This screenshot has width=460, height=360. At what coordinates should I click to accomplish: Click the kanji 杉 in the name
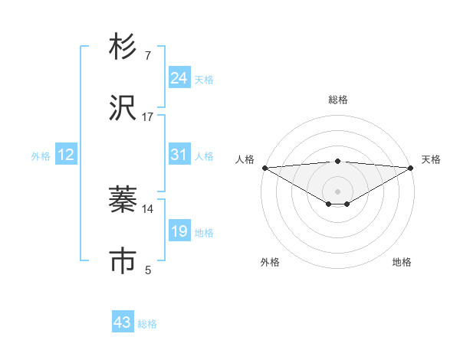point(123,48)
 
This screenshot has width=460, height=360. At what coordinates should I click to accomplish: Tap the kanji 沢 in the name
point(123,109)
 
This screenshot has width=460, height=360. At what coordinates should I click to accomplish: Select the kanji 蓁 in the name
point(123,201)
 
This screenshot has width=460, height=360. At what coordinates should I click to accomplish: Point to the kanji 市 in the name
point(123,261)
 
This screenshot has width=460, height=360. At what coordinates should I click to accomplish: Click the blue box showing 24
point(179,78)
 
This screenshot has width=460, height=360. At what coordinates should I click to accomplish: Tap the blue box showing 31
point(179,155)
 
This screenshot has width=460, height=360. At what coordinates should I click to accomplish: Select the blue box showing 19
point(179,231)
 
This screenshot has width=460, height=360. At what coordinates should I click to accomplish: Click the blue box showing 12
point(65,155)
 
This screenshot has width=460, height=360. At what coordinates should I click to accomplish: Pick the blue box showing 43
point(123,322)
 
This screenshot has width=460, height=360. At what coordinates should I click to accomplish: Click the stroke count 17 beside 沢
point(148,117)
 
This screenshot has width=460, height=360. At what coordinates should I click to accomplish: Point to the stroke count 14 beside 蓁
point(148,208)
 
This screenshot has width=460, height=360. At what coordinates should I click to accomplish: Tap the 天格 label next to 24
point(204,80)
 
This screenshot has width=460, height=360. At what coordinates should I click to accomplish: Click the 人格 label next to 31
point(204,156)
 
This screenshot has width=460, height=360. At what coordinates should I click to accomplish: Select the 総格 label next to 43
point(147,324)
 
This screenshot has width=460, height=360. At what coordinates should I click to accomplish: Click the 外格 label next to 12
point(41,156)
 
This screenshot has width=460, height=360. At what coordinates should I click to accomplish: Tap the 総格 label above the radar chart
point(337,100)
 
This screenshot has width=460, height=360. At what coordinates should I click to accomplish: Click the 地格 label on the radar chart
point(402,262)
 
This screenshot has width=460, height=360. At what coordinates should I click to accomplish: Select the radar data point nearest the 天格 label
point(412,168)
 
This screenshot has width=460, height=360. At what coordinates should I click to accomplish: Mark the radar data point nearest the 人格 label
point(264,168)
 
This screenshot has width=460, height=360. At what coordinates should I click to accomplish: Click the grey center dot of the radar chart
point(337,191)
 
